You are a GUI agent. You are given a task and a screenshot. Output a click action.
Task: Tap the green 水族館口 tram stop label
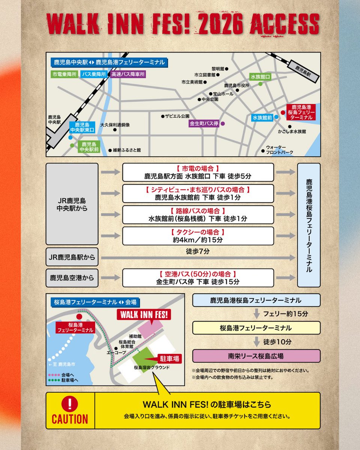click(x=261, y=76)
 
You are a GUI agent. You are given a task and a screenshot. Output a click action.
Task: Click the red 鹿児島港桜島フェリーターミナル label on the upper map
click(x=301, y=112)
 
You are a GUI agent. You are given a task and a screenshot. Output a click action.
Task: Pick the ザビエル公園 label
click(x=177, y=116)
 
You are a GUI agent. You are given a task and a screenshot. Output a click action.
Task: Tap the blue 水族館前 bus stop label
click(x=262, y=118)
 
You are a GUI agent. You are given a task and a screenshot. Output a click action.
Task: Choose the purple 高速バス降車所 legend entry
click(x=128, y=74)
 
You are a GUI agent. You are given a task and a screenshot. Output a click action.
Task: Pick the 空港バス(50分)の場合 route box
click(x=198, y=278)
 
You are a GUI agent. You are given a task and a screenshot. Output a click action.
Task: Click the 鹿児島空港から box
click(x=72, y=278)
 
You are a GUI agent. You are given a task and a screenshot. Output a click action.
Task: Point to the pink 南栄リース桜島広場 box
click(x=256, y=356)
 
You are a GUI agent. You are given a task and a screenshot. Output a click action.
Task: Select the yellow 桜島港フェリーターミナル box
click(x=256, y=328)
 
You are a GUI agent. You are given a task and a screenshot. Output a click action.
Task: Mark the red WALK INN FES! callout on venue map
click(x=144, y=314)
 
